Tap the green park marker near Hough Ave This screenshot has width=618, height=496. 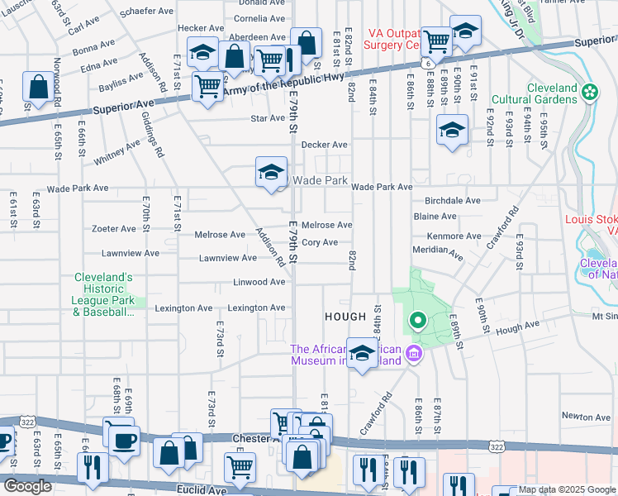coord(418,320)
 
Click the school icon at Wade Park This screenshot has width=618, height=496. coord(271,172)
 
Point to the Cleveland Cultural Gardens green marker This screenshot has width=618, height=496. coord(590,91)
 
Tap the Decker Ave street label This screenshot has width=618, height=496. coord(324,145)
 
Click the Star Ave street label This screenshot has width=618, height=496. coord(269,118)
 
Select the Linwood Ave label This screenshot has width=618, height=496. coord(259,282)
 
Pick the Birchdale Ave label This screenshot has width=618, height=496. coord(452,200)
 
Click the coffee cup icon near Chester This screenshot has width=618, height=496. coord(125,440)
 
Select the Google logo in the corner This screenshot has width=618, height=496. coord(27,486)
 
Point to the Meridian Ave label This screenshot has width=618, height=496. coord(439,250)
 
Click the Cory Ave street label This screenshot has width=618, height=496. coord(320,242)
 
